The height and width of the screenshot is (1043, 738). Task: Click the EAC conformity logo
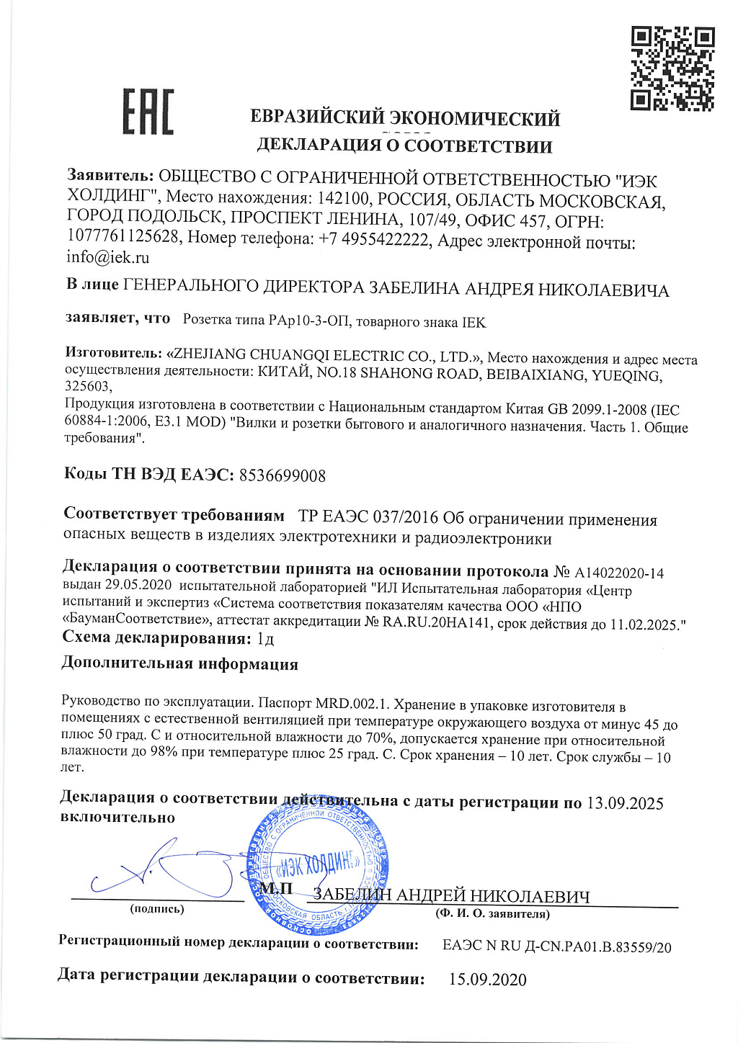click(x=148, y=112)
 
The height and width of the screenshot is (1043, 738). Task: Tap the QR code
click(x=672, y=68)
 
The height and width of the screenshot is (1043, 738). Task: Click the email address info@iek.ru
click(x=108, y=257)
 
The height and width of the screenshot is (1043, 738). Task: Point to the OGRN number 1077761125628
click(x=123, y=236)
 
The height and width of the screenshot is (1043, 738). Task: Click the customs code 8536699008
click(x=282, y=475)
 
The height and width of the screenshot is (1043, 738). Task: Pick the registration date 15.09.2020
click(x=487, y=980)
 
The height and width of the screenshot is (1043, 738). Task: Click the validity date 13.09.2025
click(x=625, y=803)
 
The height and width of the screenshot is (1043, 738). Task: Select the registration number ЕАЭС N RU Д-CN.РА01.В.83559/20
click(x=556, y=946)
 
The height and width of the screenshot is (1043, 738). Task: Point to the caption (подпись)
click(x=156, y=909)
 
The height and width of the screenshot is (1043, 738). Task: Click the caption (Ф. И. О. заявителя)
click(x=492, y=914)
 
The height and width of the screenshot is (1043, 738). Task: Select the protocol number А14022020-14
click(x=619, y=573)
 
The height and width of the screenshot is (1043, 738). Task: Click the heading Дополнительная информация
click(x=179, y=663)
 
